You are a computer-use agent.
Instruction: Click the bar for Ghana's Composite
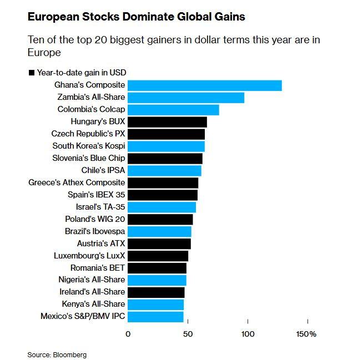click(x=204, y=85)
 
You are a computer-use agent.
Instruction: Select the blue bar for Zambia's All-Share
click(x=186, y=98)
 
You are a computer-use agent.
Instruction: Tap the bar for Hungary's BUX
click(x=167, y=122)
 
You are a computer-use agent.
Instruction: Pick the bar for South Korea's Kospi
click(x=166, y=146)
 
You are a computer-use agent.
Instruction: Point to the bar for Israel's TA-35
click(x=162, y=207)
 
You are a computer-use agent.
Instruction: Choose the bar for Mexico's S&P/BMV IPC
click(x=155, y=317)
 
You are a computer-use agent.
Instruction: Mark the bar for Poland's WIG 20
click(x=160, y=219)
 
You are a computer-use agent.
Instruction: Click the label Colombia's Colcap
click(x=91, y=110)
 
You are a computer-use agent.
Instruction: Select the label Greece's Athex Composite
click(x=77, y=183)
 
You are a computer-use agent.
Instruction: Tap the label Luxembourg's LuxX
click(x=89, y=256)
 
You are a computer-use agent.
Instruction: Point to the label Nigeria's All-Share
click(x=92, y=280)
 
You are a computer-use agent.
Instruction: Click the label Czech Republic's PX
click(x=88, y=134)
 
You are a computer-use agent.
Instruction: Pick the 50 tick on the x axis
click(x=188, y=334)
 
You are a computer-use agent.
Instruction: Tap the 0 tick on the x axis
click(x=128, y=334)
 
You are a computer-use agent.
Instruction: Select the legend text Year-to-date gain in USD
click(x=81, y=73)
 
